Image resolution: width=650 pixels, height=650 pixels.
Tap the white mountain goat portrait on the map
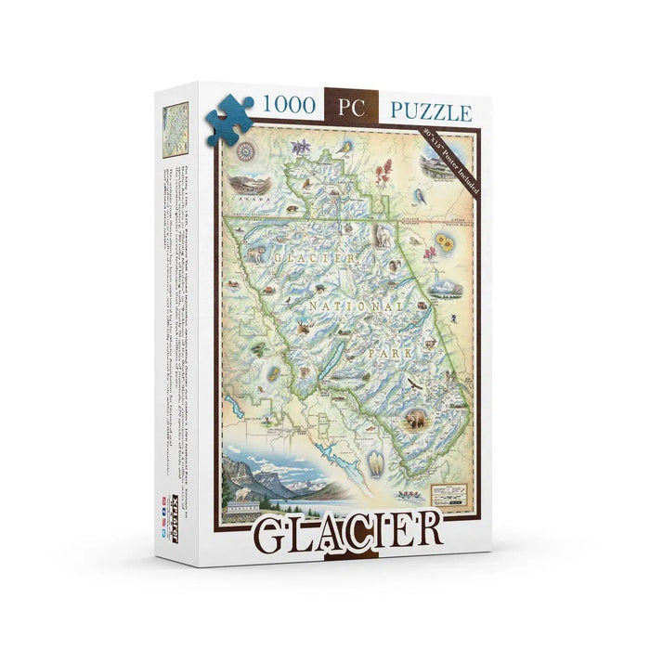pyautogui.click(x=382, y=236)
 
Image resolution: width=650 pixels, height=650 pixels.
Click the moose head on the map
pyautogui.click(x=303, y=327)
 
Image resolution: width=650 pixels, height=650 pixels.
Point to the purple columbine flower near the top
pyautogui.click(x=301, y=148)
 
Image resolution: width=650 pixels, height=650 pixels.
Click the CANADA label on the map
pyautogui.click(x=251, y=199)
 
